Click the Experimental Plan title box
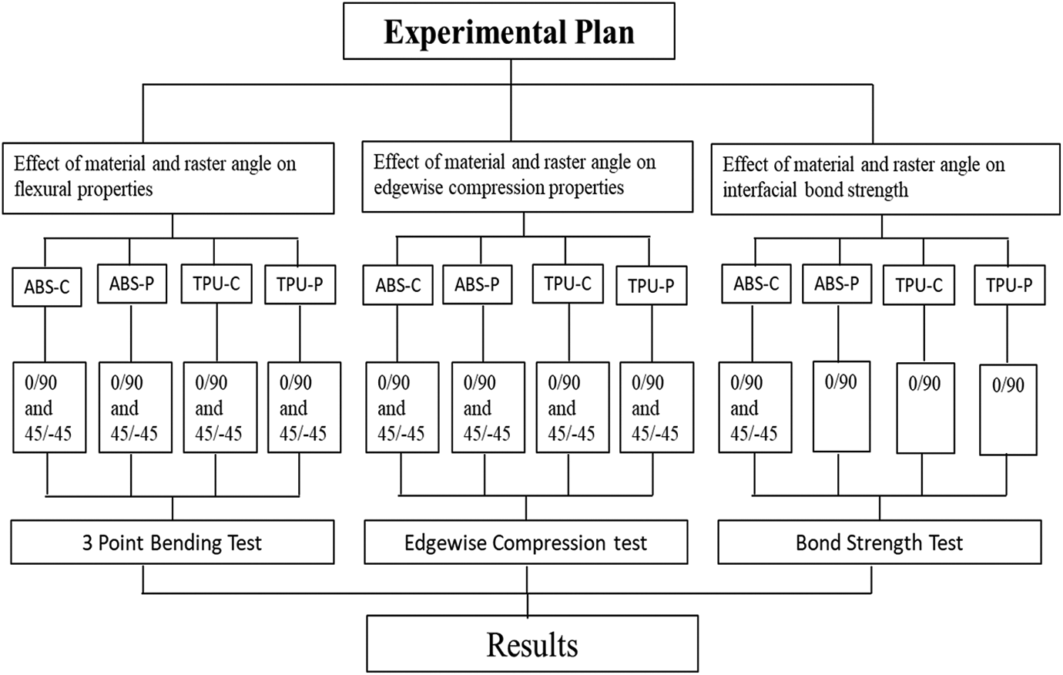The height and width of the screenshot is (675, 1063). (x=508, y=31)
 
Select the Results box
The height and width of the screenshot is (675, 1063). (x=532, y=643)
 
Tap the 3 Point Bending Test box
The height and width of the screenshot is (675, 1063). (x=173, y=542)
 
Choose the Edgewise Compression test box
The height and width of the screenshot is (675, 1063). (x=526, y=542)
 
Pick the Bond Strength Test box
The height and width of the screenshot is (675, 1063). (x=880, y=542)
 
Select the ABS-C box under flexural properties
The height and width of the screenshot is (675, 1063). (x=47, y=287)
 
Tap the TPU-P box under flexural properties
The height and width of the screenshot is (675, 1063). (x=300, y=284)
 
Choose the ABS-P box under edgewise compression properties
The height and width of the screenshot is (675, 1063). (x=478, y=284)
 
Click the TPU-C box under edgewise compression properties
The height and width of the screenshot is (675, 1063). (x=568, y=284)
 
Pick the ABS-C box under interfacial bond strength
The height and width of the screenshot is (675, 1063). (x=756, y=284)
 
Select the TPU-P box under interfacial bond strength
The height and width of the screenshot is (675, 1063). (x=1009, y=285)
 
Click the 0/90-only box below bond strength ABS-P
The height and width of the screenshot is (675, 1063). (x=841, y=406)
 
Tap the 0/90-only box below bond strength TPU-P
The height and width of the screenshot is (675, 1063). (x=1008, y=410)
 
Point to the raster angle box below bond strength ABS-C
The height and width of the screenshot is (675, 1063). (x=755, y=408)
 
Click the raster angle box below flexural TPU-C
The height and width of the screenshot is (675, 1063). (x=220, y=408)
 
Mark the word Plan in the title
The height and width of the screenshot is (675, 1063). (x=604, y=32)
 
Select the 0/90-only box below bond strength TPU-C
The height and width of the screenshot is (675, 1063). (x=925, y=408)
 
